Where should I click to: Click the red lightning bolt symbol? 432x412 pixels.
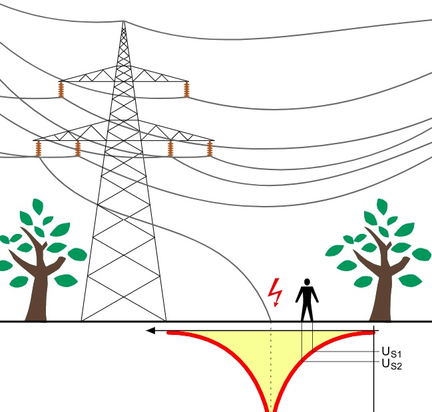pyautogui.click(x=274, y=290)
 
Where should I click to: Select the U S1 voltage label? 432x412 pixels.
pyautogui.click(x=391, y=352)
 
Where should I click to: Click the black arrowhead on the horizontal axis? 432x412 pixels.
pyautogui.click(x=151, y=330)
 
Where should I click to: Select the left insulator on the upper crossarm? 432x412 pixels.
pyautogui.click(x=61, y=90)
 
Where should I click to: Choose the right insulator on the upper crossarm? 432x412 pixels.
pyautogui.click(x=186, y=90)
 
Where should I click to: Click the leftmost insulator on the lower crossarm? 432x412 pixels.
pyautogui.click(x=38, y=150)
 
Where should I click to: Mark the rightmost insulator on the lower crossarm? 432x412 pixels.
pyautogui.click(x=210, y=149)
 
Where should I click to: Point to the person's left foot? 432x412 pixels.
pyautogui.click(x=302, y=319)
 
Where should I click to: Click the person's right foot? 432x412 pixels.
pyautogui.click(x=312, y=319)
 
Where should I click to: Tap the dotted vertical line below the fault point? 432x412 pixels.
pyautogui.click(x=271, y=365)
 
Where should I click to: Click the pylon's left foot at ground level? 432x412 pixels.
pyautogui.click(x=83, y=320)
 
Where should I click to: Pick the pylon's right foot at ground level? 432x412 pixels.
pyautogui.click(x=165, y=320)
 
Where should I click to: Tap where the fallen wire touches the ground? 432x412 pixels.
pyautogui.click(x=271, y=321)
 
